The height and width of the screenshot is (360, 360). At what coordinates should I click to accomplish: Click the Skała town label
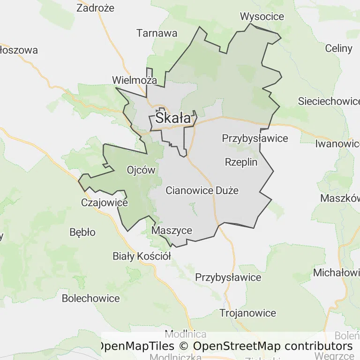point(173,118)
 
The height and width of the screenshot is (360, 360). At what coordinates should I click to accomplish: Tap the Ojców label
point(141,170)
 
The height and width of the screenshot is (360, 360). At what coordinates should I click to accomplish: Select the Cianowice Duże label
point(202,191)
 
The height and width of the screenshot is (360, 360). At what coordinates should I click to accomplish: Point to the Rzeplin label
point(241,162)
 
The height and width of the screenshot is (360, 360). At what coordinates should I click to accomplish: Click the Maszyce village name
point(172,231)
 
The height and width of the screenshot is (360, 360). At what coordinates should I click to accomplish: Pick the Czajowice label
point(105,203)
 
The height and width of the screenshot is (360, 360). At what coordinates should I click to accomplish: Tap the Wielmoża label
point(135,80)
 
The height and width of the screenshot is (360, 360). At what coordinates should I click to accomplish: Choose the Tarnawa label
point(157,33)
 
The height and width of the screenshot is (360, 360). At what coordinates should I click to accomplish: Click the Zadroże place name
point(95,8)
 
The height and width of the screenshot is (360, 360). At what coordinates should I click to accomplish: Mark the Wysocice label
point(262,17)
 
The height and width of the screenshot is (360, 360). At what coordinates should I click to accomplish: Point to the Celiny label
point(338,48)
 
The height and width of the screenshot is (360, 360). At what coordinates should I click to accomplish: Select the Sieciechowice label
point(329,101)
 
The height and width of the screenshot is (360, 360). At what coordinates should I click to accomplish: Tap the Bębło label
point(82,232)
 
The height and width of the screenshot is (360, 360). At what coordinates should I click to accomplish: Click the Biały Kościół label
point(142,256)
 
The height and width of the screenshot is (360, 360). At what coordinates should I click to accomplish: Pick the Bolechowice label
point(91,298)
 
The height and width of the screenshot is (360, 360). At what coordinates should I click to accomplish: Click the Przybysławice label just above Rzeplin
point(255,138)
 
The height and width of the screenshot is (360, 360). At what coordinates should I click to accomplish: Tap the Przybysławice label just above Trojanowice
point(228,277)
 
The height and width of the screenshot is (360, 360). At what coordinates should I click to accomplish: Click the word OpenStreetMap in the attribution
point(237,346)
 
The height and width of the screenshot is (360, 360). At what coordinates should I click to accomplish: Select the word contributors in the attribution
point(318,346)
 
